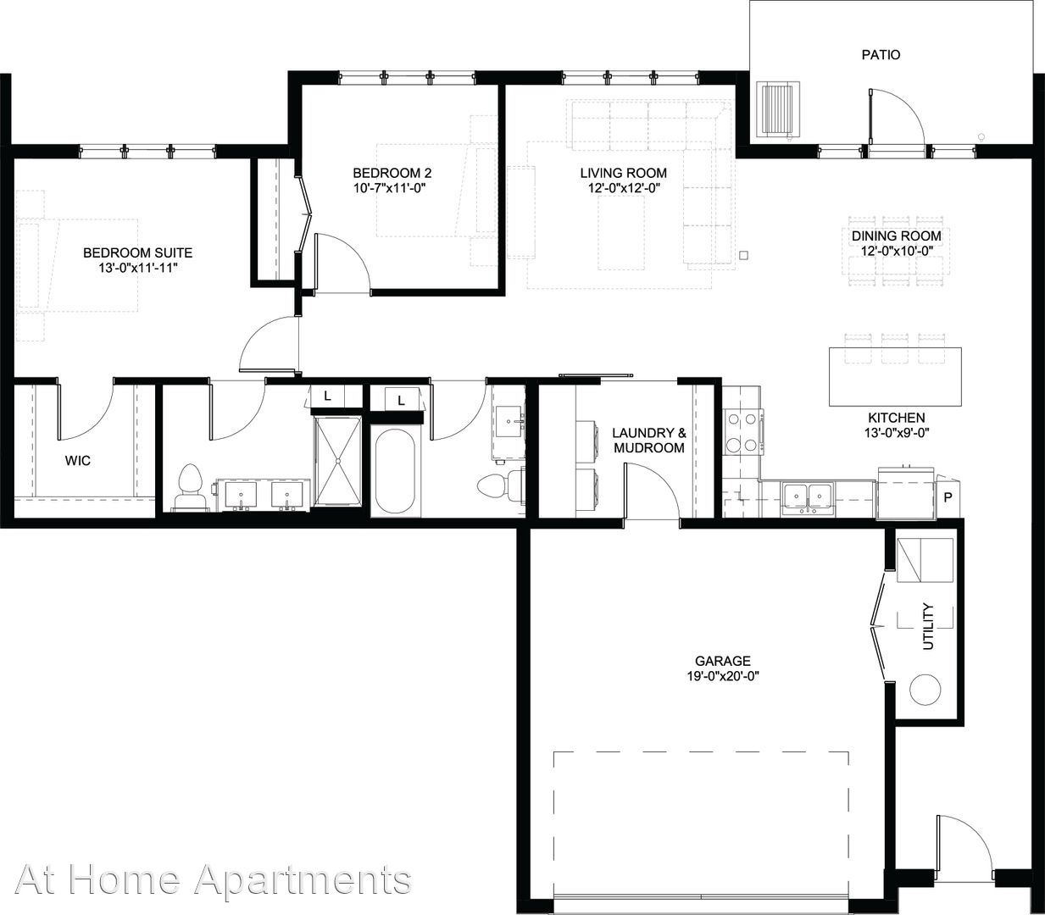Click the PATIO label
click(x=881, y=54)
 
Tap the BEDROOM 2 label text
click(x=392, y=173)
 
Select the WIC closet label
click(x=78, y=461)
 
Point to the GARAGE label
click(x=723, y=661)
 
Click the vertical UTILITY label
click(x=929, y=626)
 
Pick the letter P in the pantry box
click(x=948, y=497)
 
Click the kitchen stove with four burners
click(x=743, y=432)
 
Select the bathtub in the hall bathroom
click(x=394, y=471)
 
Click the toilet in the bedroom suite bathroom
click(x=190, y=487)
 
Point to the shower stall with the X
click(x=337, y=461)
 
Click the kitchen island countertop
click(x=895, y=377)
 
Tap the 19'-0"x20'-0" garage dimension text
click(x=723, y=677)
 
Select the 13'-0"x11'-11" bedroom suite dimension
click(x=138, y=268)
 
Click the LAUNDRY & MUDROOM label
click(x=649, y=441)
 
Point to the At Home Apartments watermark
click(x=213, y=879)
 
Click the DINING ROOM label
click(x=897, y=236)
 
